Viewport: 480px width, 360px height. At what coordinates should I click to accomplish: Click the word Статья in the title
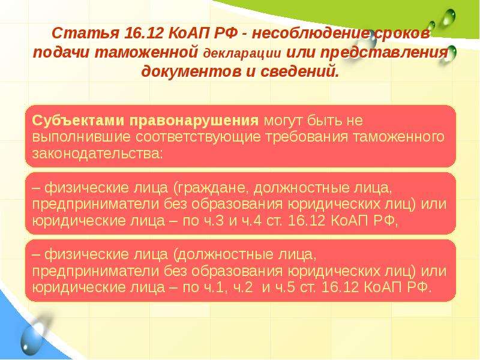pyautogui.click(x=85, y=33)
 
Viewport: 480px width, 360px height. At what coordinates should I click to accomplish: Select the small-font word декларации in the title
pyautogui.click(x=242, y=53)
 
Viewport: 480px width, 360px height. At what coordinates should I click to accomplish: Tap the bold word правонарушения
pyautogui.click(x=194, y=121)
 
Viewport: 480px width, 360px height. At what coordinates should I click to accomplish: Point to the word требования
pyautogui.click(x=307, y=137)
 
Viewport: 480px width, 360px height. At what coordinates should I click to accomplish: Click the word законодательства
pyautogui.click(x=97, y=154)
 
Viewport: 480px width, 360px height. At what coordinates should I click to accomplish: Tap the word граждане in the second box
pyautogui.click(x=211, y=187)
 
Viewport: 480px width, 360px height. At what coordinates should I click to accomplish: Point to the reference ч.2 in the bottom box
pyautogui.click(x=243, y=287)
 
